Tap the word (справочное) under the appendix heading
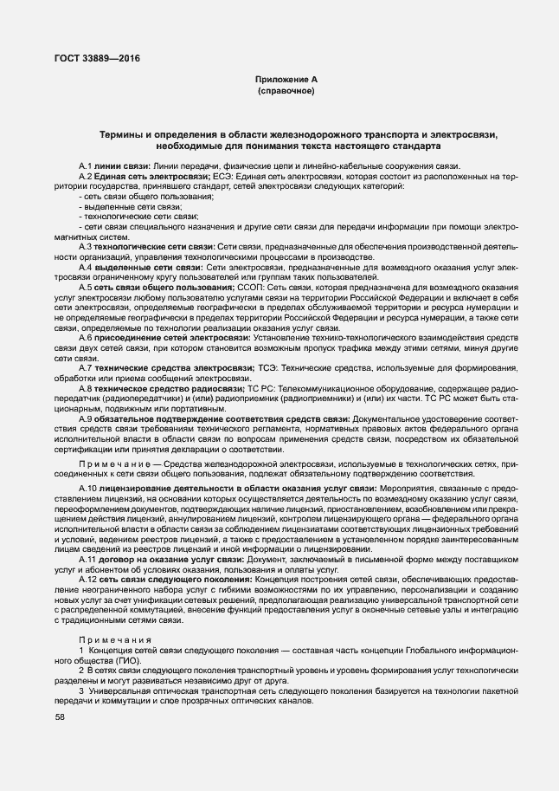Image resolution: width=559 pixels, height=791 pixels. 286,91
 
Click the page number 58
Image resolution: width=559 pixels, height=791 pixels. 60,717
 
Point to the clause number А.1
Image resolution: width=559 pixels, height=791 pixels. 87,165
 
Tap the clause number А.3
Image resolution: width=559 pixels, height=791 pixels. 87,247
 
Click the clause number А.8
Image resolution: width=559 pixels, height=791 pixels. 87,389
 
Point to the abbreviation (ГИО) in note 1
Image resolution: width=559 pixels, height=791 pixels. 131,660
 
